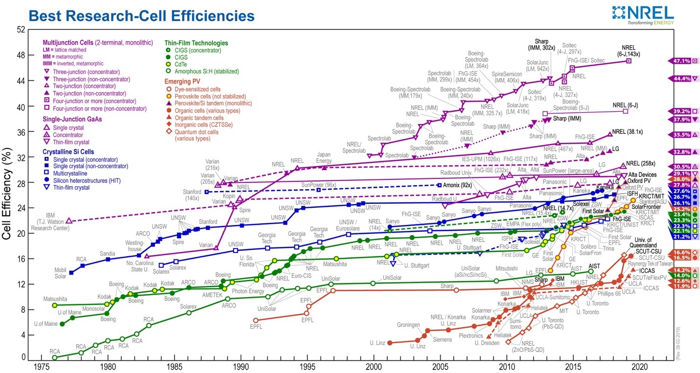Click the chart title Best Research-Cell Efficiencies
point(142,16)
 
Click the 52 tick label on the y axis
point(21,29)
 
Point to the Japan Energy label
point(324,157)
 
